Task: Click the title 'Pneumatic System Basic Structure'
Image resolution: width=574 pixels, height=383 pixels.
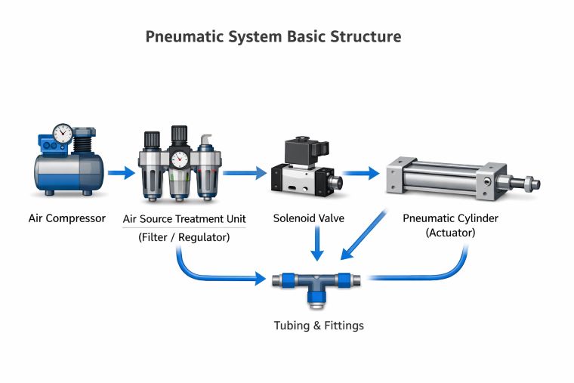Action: [273, 37]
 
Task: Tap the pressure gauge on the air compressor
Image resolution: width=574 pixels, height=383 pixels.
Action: [63, 134]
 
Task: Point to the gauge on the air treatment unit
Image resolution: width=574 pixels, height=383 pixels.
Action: [179, 159]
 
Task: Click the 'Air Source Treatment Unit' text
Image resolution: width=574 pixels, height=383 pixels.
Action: [184, 219]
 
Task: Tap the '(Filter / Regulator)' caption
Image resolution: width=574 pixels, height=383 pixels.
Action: [184, 237]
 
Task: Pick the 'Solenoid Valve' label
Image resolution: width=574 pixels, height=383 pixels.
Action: [308, 219]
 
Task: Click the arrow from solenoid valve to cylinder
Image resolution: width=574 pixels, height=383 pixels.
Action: [362, 174]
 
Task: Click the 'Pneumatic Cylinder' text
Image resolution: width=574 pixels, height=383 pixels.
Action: [450, 218]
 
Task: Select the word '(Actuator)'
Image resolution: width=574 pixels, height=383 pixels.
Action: [450, 233]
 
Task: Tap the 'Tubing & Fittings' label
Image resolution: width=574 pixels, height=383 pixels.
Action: [318, 326]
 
